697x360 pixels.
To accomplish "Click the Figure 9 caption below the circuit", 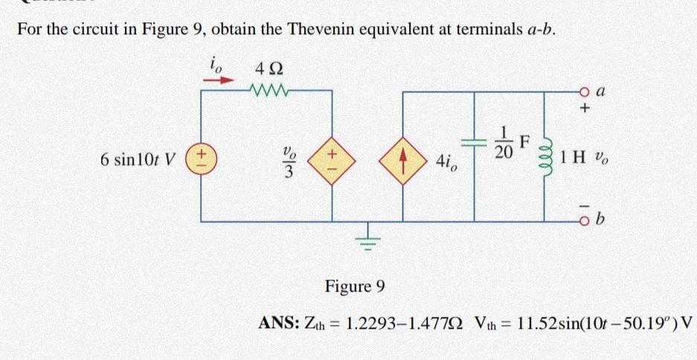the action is tap(356, 286).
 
